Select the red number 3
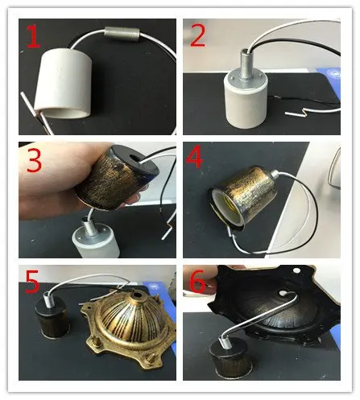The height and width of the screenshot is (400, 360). (34, 159)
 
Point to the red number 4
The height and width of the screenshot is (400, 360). (195, 156)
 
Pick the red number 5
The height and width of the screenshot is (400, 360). (32, 281)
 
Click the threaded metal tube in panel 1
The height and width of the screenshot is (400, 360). (122, 34)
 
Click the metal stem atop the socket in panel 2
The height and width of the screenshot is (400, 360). (246, 64)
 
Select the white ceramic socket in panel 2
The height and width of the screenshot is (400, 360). (245, 102)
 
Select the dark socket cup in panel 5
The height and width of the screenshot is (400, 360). (53, 319)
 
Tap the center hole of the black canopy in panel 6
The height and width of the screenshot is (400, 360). (283, 293)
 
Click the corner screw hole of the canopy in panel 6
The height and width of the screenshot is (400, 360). (296, 270)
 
